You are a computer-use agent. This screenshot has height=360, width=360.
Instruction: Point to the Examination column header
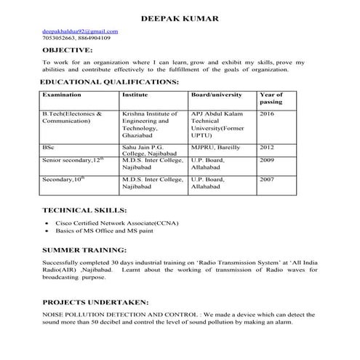[x=62, y=95]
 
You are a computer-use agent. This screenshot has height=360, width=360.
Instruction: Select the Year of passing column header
[x=271, y=99]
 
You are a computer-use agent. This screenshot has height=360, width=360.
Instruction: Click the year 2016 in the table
[x=267, y=114]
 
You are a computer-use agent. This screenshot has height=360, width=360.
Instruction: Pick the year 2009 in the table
[x=267, y=159]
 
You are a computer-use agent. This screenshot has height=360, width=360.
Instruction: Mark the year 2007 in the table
[x=267, y=179]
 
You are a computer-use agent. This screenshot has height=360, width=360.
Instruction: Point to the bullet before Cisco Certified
[x=47, y=223]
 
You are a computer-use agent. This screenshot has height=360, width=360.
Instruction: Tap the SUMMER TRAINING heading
[x=87, y=249]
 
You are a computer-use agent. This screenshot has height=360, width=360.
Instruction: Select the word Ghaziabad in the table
[x=139, y=135]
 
